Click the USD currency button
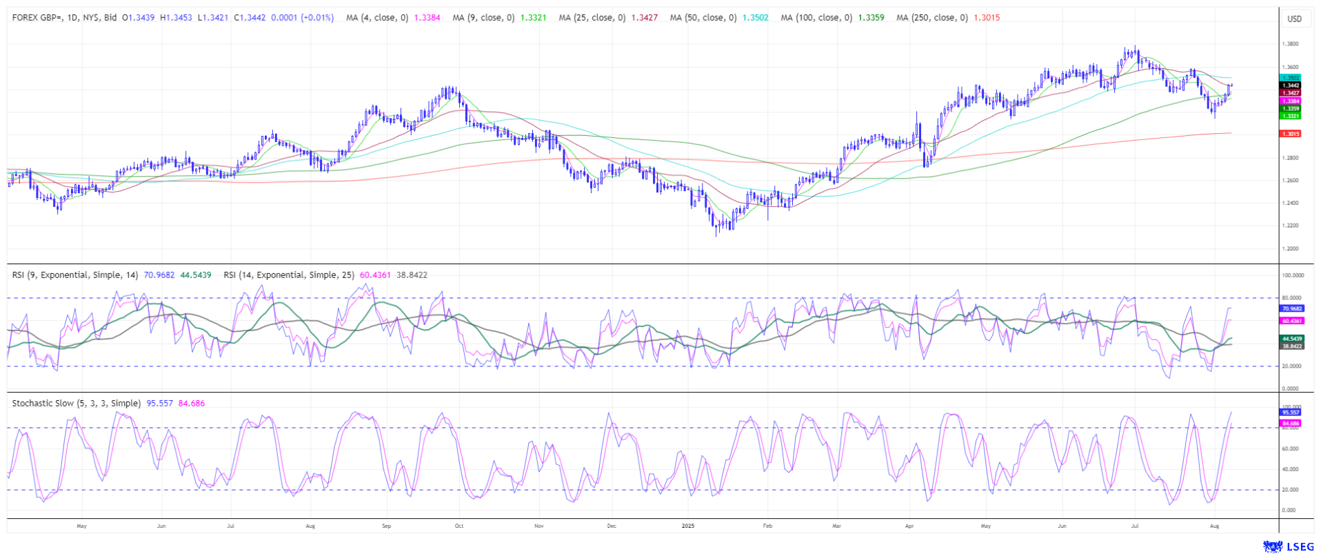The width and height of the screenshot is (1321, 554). (x=1294, y=19)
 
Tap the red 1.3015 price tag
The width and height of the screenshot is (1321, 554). (x=1290, y=134)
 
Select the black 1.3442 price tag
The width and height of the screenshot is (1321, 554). (x=1290, y=86)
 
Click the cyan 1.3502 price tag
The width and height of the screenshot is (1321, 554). (x=1290, y=78)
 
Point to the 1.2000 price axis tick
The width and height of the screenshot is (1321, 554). (x=1290, y=248)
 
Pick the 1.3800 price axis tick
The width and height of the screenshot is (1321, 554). (x=1290, y=44)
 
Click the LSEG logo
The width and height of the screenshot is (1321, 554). (x=1288, y=546)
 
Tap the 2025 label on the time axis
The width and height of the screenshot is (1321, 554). (x=687, y=526)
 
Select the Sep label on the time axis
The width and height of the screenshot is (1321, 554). (x=386, y=526)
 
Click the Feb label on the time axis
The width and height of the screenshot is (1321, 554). (x=767, y=526)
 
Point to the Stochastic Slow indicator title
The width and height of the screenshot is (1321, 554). (x=76, y=404)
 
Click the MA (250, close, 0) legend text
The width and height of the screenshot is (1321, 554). (x=931, y=18)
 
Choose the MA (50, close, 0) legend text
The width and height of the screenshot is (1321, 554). (x=703, y=18)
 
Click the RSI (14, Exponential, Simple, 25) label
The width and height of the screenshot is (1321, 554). (x=289, y=275)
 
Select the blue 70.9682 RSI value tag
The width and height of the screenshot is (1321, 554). (x=1291, y=308)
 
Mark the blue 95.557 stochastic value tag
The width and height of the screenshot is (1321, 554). (x=1291, y=412)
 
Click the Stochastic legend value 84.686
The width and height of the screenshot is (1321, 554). (x=192, y=404)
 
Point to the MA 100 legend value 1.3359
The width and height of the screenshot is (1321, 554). (x=871, y=18)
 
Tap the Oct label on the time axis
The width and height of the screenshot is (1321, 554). (x=459, y=526)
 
